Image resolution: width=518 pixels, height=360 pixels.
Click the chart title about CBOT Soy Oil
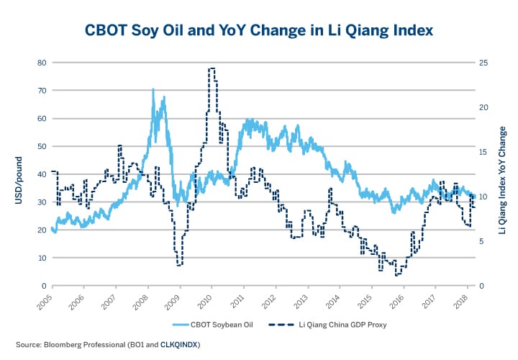259,31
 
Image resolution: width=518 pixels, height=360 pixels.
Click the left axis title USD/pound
19,174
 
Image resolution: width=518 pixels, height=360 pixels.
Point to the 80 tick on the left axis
41,63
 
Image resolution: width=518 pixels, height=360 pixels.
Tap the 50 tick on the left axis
41,146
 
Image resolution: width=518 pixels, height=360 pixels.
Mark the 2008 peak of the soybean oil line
153,90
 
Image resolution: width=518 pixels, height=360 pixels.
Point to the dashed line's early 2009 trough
179,265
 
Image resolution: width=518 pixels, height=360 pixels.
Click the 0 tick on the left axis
43,286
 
